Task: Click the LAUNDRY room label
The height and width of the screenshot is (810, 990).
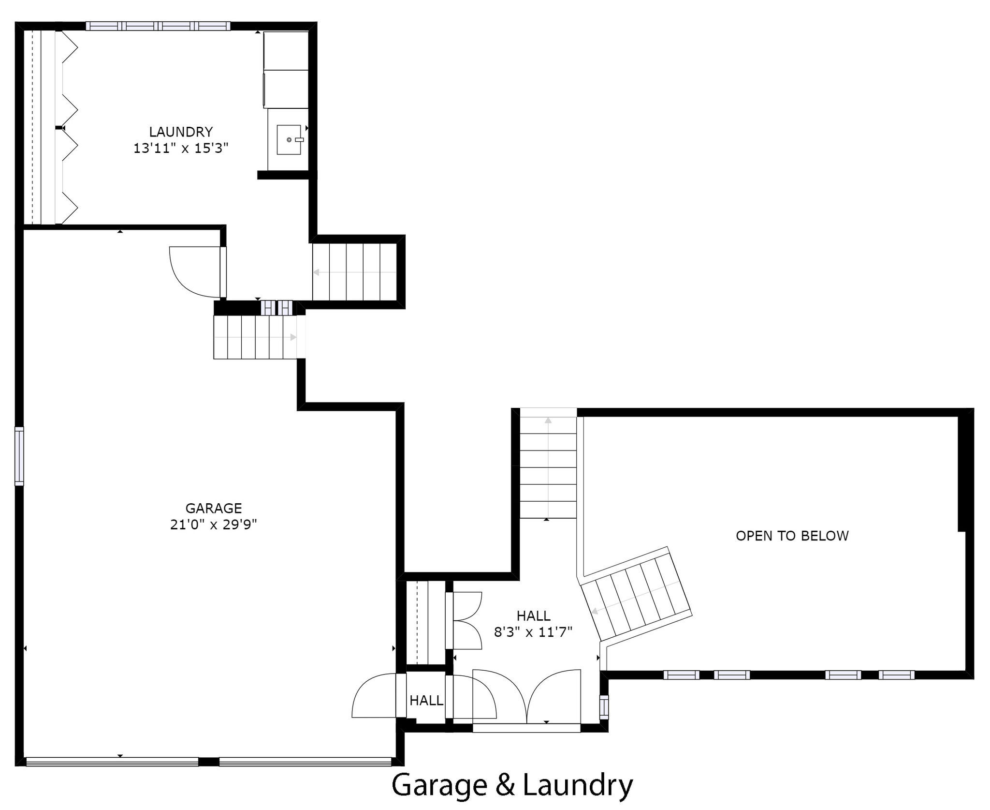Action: tap(181, 132)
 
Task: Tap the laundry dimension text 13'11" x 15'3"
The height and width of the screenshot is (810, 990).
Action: tap(181, 148)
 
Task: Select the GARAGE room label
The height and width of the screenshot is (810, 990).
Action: tap(214, 508)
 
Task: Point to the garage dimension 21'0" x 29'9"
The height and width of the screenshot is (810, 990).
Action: tap(214, 525)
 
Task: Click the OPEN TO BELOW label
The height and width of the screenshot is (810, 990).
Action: tap(792, 536)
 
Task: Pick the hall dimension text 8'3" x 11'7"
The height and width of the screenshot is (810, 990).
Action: tap(533, 632)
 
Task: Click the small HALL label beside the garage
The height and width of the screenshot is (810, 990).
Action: tap(426, 700)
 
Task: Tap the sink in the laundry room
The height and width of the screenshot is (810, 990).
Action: tap(289, 140)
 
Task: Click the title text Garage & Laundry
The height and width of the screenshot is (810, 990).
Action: tap(512, 785)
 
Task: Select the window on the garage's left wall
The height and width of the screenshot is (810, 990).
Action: tap(19, 456)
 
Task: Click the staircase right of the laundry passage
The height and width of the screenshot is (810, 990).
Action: tap(354, 271)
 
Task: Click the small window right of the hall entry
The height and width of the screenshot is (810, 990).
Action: tap(604, 707)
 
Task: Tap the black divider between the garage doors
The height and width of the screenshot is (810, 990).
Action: tap(209, 762)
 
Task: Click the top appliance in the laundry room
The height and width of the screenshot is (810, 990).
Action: tap(286, 51)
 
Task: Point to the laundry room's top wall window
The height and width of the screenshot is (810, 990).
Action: tap(158, 26)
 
